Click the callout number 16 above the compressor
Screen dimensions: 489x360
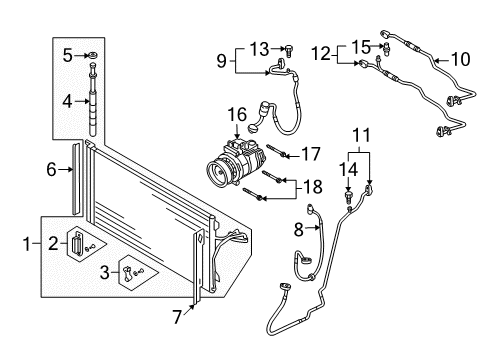point(237,114)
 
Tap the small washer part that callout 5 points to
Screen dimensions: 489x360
point(93,55)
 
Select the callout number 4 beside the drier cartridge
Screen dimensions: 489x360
point(67,101)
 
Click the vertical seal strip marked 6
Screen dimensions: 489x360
point(76,179)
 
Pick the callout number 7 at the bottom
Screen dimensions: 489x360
point(178,316)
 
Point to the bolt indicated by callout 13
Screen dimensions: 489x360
point(289,51)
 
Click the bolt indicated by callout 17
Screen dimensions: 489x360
point(277,151)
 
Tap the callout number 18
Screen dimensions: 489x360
point(312,187)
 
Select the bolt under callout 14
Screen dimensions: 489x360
point(348,196)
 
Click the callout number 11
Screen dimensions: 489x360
point(362,135)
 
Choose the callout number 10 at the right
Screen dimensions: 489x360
point(461,59)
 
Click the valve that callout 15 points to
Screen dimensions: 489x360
point(388,47)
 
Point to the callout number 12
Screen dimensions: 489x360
point(321,54)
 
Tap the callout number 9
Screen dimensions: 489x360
point(221,61)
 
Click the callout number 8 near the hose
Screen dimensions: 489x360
point(299,230)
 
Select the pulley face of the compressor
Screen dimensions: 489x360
point(218,172)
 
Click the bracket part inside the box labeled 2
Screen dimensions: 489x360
point(78,244)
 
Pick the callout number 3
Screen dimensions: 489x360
point(105,272)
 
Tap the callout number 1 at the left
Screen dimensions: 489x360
point(27,244)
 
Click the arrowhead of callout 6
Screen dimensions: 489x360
point(71,170)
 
